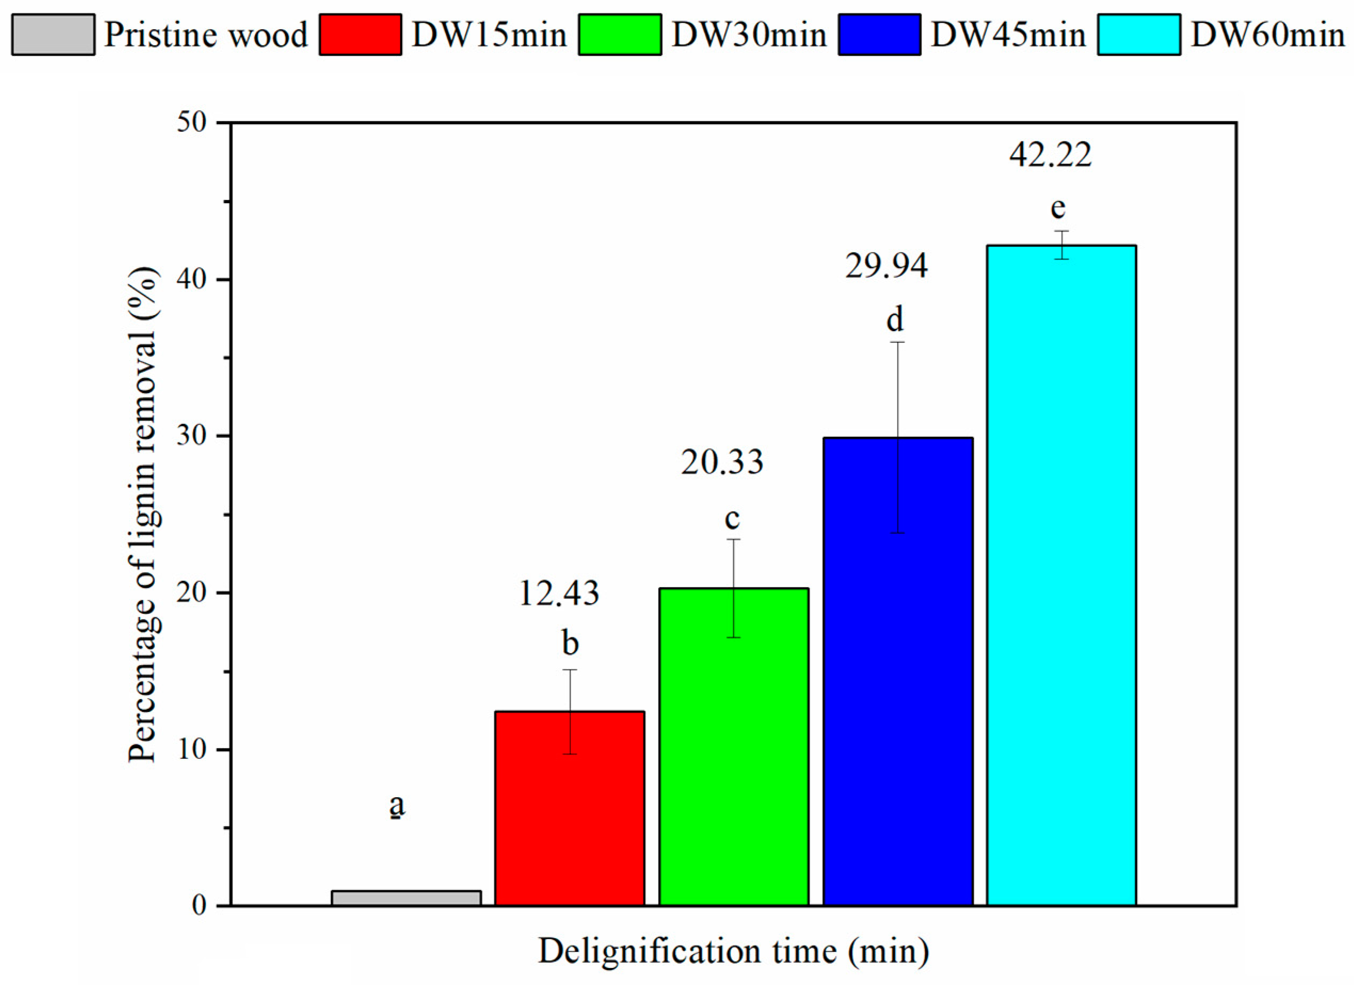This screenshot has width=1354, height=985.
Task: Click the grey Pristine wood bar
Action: [x=406, y=898]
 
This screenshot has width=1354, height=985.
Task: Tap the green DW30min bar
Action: [x=734, y=746]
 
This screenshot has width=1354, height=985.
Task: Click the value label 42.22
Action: [x=1050, y=155]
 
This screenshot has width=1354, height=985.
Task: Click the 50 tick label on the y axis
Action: [x=191, y=123]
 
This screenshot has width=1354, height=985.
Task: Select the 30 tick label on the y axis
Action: [x=191, y=436]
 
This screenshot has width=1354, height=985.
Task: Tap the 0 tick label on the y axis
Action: [x=199, y=906]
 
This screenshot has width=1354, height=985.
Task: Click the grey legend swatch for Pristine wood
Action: [x=53, y=35]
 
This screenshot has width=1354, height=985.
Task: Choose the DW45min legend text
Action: [x=1008, y=35]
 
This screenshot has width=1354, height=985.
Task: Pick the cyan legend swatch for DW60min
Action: [x=1139, y=35]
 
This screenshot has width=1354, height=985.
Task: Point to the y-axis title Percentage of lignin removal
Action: [x=143, y=514]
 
